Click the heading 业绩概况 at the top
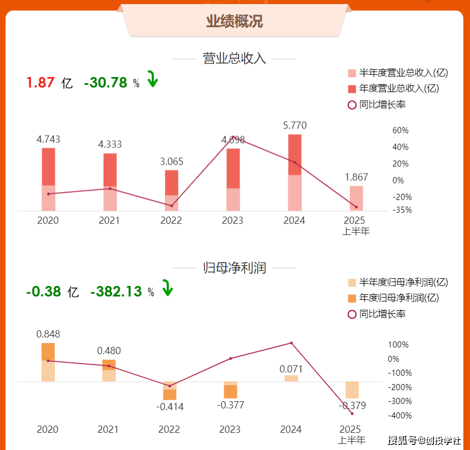coord(234,22)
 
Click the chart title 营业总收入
coord(234,59)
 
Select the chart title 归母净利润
coord(234,268)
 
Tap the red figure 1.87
coord(40,83)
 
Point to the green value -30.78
coord(105,83)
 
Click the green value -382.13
coord(116,292)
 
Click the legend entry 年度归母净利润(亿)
coord(399,298)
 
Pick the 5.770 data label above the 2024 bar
coord(295,126)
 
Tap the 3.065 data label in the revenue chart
coord(171,162)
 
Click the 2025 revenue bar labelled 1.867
coord(356,198)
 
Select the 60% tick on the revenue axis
coord(400,131)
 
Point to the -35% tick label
coord(400,210)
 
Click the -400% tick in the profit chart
coord(397,416)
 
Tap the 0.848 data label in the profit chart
coord(48,334)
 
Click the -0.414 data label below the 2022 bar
coord(169,407)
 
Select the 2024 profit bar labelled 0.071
coord(291,379)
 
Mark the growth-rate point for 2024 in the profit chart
coord(291,343)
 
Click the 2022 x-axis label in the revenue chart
coord(171,221)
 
